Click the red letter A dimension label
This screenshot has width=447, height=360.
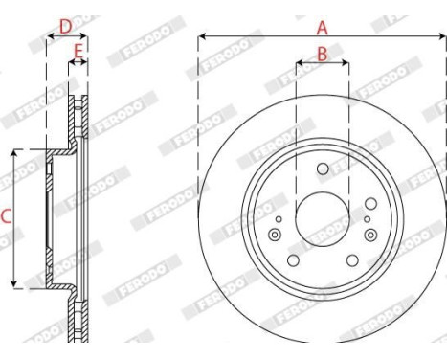point(322,27)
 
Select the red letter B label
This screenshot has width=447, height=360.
point(322,54)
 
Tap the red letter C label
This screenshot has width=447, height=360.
point(6,217)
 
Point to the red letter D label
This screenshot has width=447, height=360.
point(65,26)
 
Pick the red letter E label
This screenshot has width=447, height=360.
point(78,48)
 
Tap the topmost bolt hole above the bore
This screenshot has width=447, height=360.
point(322,170)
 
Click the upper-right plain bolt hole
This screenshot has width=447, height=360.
point(369,203)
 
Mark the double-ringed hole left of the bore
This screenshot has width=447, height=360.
point(277,236)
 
